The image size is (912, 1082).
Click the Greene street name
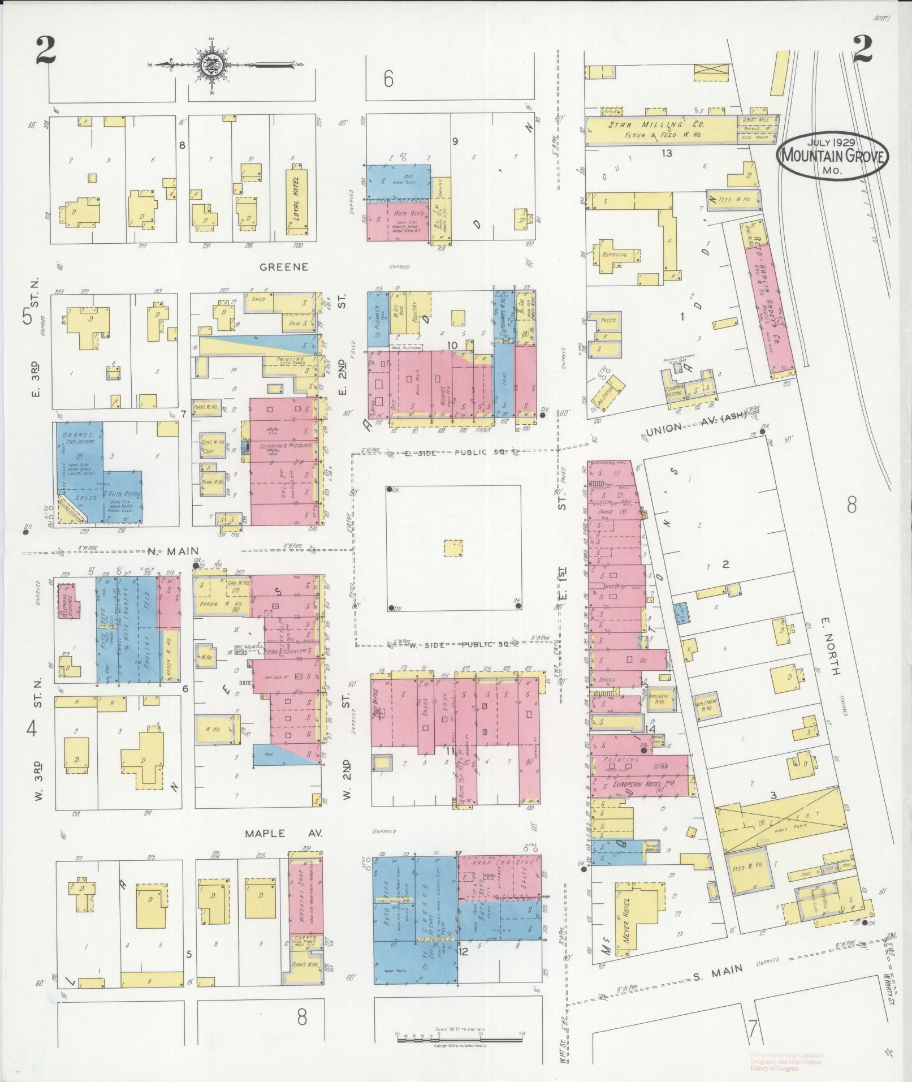point(284,266)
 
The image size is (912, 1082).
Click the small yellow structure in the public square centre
point(453,549)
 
